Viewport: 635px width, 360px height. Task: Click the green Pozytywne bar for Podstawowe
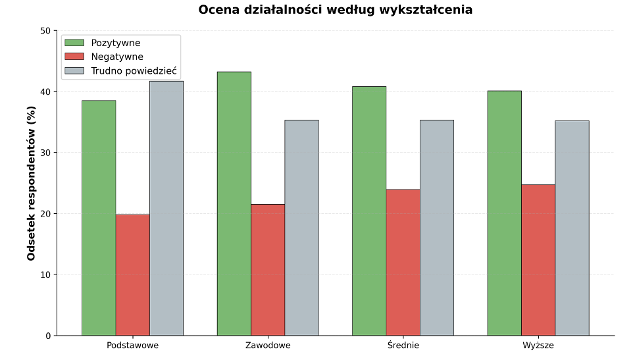point(99,218)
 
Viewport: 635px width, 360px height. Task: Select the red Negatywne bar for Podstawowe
point(132,275)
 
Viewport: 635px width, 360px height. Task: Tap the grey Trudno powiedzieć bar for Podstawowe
point(166,208)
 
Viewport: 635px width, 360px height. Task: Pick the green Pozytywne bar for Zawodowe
point(234,203)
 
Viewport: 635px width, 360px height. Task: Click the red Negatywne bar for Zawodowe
point(268,270)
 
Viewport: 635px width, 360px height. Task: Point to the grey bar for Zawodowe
point(301,228)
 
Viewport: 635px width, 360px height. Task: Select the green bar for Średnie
point(369,211)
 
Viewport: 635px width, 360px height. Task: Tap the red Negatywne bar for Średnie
point(403,263)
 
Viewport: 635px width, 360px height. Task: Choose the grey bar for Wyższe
point(572,228)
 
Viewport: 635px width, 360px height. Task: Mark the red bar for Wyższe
point(538,260)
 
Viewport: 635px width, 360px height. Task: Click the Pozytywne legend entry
point(115,43)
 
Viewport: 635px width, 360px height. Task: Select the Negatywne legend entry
point(116,57)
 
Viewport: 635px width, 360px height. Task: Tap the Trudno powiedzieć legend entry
point(134,70)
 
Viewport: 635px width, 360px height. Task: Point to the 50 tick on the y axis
point(45,31)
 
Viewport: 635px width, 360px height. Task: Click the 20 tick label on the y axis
point(45,214)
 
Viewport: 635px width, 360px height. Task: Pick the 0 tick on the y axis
point(47,336)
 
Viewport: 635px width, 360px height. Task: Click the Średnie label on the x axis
point(403,345)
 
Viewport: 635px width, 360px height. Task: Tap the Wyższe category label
point(538,345)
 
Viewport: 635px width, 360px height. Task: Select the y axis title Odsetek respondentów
point(32,183)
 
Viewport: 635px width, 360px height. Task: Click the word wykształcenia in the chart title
point(430,10)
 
